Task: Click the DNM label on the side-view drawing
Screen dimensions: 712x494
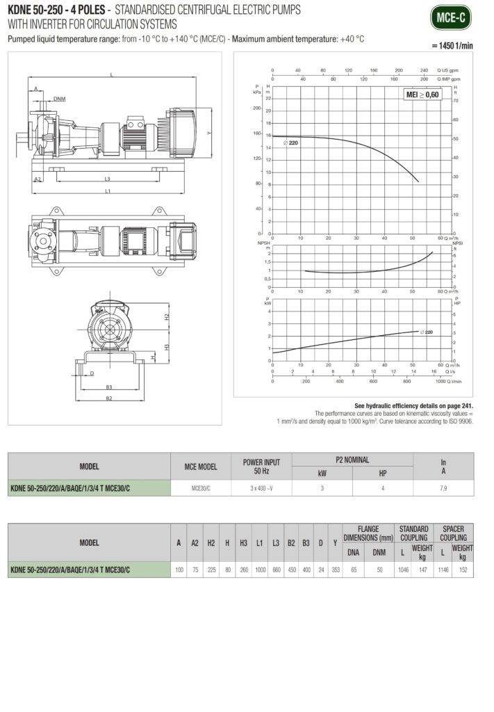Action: click(x=60, y=99)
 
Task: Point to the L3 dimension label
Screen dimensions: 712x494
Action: click(x=107, y=179)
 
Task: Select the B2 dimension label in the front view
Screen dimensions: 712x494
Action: click(x=109, y=398)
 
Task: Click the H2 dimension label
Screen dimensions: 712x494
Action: click(x=167, y=316)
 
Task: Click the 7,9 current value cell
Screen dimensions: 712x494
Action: click(x=443, y=489)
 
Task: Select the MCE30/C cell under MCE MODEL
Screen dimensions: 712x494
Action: click(x=200, y=489)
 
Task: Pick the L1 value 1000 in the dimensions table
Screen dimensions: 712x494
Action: click(x=258, y=569)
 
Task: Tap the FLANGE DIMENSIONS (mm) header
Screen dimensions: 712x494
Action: click(x=368, y=533)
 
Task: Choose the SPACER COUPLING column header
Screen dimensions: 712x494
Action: click(x=454, y=533)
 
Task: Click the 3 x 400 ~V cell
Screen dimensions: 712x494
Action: click(x=261, y=489)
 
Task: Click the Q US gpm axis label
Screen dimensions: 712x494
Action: click(x=447, y=70)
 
